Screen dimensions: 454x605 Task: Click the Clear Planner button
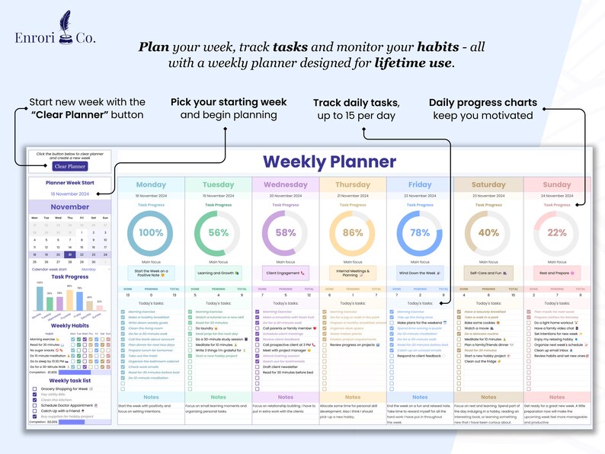[70, 166]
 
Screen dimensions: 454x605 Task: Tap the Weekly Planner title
[329, 161]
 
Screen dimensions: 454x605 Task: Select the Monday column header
[151, 184]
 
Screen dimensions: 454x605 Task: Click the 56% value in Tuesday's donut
[218, 233]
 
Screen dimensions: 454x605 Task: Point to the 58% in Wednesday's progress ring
[285, 233]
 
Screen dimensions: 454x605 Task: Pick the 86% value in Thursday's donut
[353, 233]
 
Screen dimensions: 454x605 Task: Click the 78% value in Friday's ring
[420, 233]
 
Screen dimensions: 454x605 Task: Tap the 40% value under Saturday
[488, 233]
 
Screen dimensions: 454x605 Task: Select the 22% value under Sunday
[556, 233]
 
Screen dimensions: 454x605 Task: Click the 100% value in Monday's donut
[151, 233]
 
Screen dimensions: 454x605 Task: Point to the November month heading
[70, 206]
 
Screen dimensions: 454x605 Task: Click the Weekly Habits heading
[70, 325]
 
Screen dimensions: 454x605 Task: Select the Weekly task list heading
[70, 380]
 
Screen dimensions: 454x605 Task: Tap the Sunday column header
[556, 184]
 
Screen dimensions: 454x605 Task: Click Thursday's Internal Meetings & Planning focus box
[353, 272]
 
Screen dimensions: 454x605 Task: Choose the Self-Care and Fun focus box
[488, 272]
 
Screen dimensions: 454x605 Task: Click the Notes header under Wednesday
[285, 397]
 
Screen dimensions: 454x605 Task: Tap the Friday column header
[420, 184]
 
